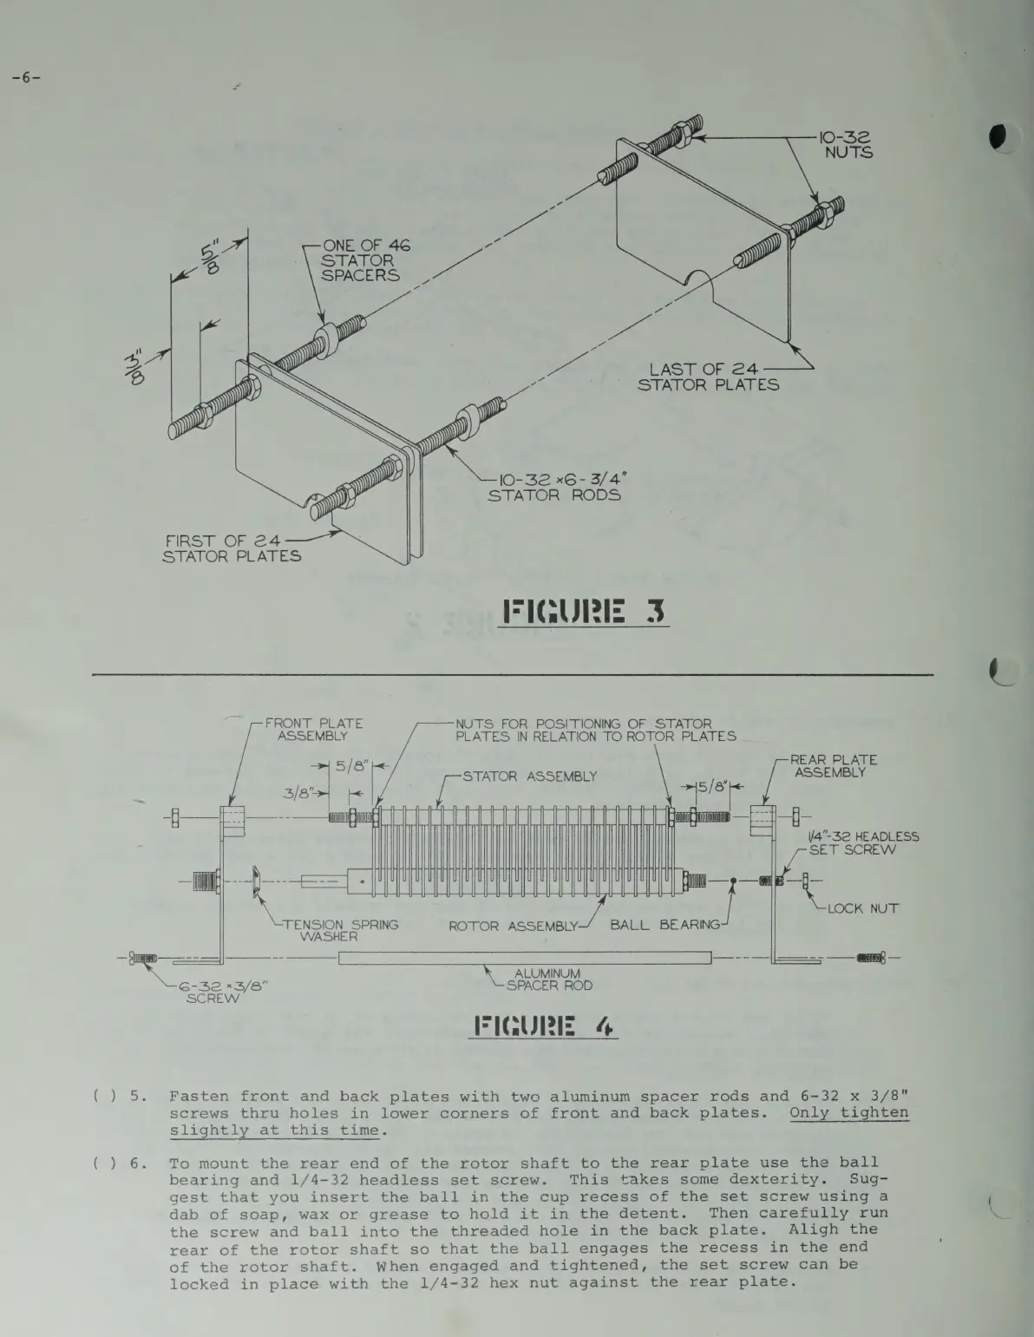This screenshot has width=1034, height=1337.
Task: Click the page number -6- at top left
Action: [26, 78]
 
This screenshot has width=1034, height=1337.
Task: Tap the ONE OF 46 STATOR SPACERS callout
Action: [363, 260]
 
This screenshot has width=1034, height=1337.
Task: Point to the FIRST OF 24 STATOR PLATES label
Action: [232, 548]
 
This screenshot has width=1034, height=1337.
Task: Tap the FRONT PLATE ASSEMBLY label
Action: [313, 730]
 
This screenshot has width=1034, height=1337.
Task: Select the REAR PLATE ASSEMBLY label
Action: [835, 765]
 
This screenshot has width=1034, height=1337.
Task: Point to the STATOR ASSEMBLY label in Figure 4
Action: [529, 777]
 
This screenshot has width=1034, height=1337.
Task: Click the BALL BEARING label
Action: [664, 925]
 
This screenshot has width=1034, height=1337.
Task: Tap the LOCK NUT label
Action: [861, 908]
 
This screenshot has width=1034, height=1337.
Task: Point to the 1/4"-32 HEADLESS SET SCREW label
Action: [862, 843]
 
